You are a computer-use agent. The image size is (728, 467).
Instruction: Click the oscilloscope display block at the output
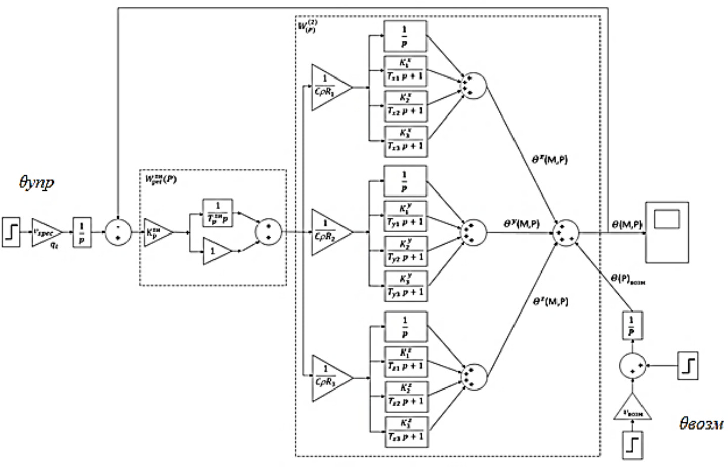(667, 231)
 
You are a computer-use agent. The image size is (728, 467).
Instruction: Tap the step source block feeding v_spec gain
(11, 232)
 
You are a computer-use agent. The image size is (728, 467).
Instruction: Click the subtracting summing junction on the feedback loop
(118, 232)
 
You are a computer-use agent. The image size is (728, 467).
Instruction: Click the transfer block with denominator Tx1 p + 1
(405, 71)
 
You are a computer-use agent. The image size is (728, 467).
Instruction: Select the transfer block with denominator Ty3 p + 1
(405, 286)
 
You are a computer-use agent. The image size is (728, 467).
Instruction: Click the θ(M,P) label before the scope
(626, 225)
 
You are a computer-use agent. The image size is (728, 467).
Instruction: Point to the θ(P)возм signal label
(627, 279)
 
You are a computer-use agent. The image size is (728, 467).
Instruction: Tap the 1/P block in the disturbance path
(631, 326)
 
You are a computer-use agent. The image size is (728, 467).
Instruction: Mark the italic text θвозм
(701, 423)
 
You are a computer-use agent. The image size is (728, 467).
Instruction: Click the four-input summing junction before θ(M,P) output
(566, 233)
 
